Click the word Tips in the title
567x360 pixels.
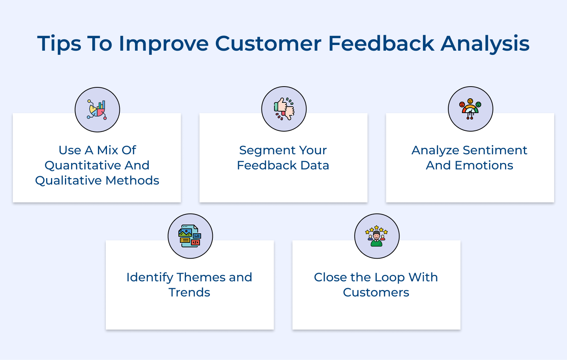pyautogui.click(x=59, y=44)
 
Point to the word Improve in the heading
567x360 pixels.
pyautogui.click(x=163, y=44)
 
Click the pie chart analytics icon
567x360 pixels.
pyautogui.click(x=97, y=110)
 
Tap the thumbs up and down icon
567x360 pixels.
pyautogui.click(x=284, y=109)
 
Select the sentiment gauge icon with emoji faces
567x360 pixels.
pyautogui.click(x=470, y=109)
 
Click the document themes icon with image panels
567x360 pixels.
pyautogui.click(x=190, y=236)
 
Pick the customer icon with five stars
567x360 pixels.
pyautogui.click(x=376, y=236)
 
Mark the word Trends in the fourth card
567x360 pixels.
pyautogui.click(x=189, y=292)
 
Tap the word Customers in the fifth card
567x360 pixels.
pyautogui.click(x=376, y=292)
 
